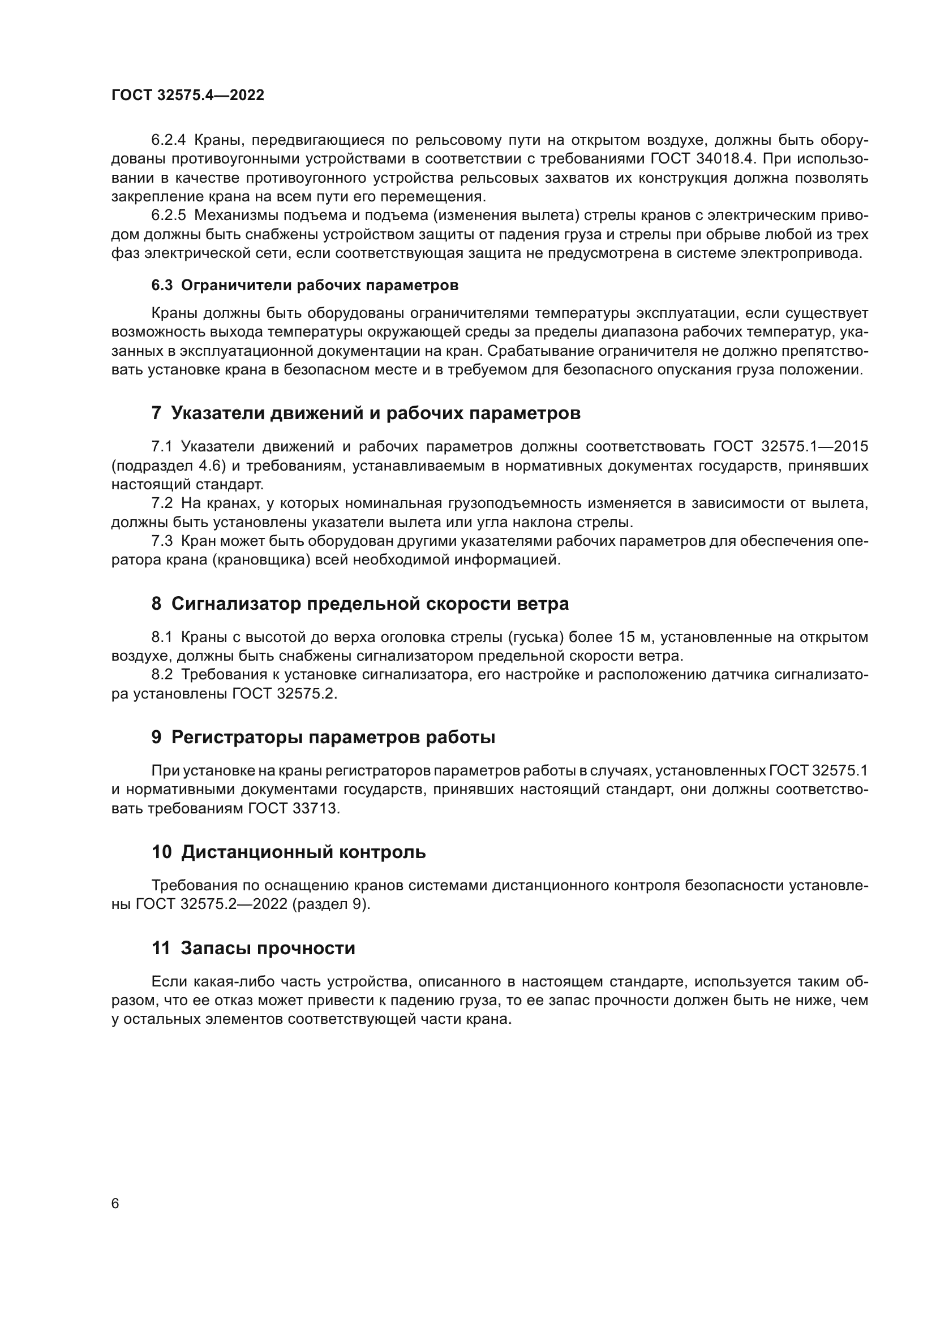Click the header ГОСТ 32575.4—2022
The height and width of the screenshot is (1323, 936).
click(188, 96)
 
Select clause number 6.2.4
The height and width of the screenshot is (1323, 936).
click(168, 140)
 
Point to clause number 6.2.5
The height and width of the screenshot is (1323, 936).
click(168, 216)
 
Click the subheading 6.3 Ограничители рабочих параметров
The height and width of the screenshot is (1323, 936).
click(305, 285)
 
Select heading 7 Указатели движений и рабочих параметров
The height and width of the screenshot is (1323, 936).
click(366, 413)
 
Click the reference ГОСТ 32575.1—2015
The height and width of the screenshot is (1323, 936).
click(791, 447)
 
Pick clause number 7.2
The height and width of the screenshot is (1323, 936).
click(162, 503)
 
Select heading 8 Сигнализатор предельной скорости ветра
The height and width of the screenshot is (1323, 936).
click(360, 604)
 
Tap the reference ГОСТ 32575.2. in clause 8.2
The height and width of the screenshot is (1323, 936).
click(285, 694)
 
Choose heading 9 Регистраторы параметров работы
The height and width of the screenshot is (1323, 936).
click(323, 737)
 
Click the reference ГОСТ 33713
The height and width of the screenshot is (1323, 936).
click(294, 808)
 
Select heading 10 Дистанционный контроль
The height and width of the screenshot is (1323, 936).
click(289, 852)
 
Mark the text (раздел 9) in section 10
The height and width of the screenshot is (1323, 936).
click(330, 904)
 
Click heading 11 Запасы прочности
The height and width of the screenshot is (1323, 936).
click(254, 948)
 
